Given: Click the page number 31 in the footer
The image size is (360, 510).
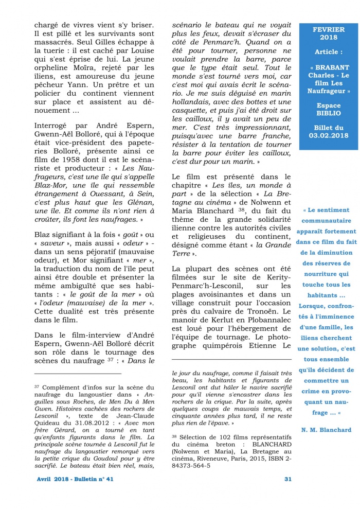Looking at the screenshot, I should [x=287, y=479].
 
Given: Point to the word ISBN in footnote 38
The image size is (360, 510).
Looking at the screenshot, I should [x=273, y=459].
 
